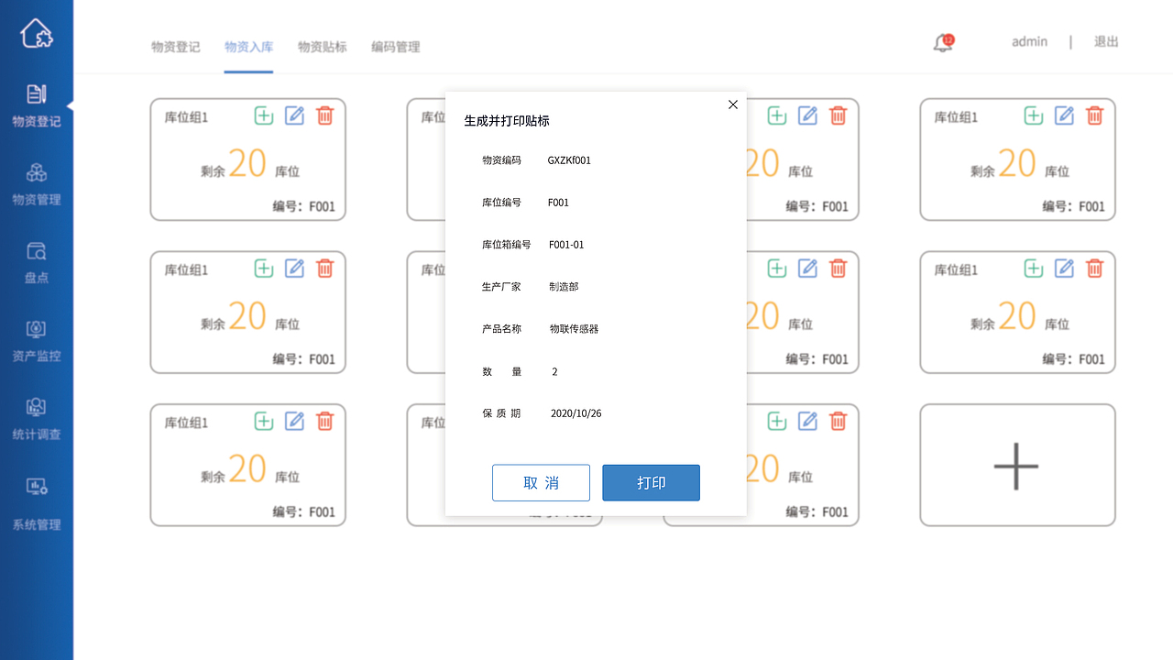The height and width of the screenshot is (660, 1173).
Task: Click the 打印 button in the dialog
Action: point(651,483)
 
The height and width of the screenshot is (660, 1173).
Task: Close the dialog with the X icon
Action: point(733,104)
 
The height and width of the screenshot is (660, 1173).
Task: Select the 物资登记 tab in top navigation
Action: point(176,47)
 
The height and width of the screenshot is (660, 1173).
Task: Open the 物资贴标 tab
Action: point(323,47)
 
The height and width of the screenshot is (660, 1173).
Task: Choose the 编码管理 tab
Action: point(396,47)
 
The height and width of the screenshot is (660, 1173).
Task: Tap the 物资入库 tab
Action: point(249,47)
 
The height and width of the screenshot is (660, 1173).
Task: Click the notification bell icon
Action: point(943,43)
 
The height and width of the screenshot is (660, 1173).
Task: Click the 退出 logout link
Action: point(1106,41)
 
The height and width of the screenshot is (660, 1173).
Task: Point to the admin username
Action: point(1029,41)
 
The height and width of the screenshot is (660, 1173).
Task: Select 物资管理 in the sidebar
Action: point(37,184)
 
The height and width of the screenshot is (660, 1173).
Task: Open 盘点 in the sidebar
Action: point(37,262)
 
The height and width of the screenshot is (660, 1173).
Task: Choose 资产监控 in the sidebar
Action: point(37,340)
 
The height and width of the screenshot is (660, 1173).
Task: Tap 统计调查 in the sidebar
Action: point(37,419)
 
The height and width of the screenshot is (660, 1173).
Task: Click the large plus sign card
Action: point(1017,466)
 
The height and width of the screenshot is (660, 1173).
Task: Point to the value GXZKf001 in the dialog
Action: point(569,160)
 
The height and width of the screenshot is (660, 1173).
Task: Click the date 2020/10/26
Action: point(576,413)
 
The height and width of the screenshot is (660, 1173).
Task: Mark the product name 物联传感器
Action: point(574,329)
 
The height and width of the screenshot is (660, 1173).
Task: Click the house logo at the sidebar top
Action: point(37,34)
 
